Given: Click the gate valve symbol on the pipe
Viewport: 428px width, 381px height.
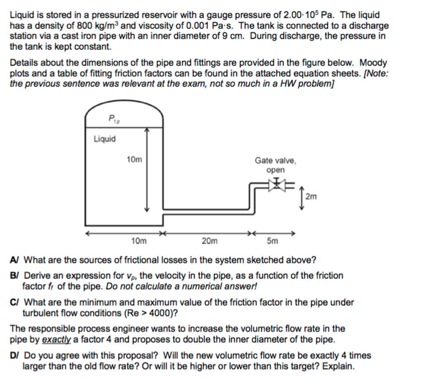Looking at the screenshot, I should tap(276, 185).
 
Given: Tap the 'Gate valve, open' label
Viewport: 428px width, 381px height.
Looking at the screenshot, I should tap(275, 165).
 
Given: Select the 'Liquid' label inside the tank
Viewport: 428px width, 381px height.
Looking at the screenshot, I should tap(104, 139).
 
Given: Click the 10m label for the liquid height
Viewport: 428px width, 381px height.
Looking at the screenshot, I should tap(134, 159).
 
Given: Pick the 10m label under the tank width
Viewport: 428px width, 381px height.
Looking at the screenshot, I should tap(139, 241).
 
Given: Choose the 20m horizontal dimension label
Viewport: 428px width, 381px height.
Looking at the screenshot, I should tap(209, 241).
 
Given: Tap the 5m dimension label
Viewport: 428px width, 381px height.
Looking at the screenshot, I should tap(272, 241).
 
